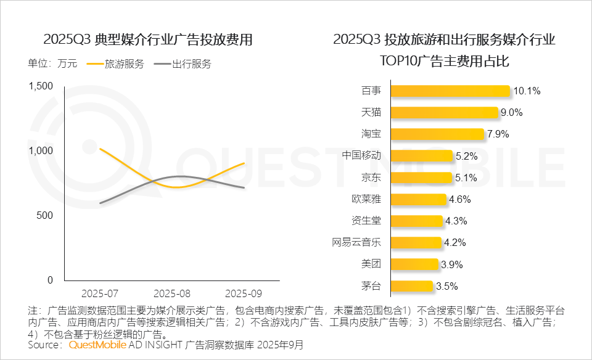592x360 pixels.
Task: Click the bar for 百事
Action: point(450,91)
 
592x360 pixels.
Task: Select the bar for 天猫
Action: point(444,112)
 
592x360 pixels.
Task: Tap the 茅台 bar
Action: point(412,285)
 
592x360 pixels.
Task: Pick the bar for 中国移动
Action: point(422,155)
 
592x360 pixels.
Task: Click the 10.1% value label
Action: point(527,91)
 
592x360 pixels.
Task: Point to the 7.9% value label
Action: point(499,134)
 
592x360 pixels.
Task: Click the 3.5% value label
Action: point(448,286)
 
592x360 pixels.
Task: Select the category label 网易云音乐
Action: point(356,242)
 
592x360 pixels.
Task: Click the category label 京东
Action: point(371,178)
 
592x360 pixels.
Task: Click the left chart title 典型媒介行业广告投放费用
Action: point(148,40)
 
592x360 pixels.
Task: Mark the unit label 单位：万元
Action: point(52,63)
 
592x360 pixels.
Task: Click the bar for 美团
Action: point(415,264)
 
